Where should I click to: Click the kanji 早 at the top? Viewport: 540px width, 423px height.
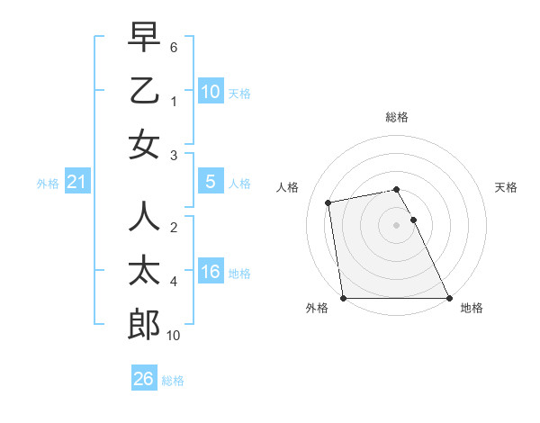[x=144, y=38]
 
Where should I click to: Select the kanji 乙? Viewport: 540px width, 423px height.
[x=144, y=92]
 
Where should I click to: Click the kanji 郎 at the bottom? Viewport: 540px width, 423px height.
[x=144, y=325]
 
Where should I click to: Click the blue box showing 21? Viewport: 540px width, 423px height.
[x=76, y=183]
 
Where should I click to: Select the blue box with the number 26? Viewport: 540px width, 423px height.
[x=144, y=380]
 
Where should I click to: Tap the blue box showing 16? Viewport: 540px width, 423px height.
[x=211, y=272]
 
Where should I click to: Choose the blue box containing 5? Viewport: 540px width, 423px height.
[x=210, y=182]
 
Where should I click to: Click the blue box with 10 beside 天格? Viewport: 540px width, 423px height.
[x=211, y=92]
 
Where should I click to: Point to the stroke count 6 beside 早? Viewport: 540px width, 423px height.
[x=174, y=46]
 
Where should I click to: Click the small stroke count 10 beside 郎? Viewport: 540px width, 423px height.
[x=174, y=336]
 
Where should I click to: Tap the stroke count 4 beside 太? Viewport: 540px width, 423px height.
[x=173, y=282]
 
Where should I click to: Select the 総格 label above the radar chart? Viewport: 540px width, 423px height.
[x=397, y=117]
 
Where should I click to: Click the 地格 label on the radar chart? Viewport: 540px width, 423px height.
[x=472, y=308]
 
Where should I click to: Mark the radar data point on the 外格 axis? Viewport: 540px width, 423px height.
[x=343, y=298]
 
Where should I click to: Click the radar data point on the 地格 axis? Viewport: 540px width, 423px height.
[x=449, y=298]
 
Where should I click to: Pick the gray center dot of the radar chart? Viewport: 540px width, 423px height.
[x=397, y=225]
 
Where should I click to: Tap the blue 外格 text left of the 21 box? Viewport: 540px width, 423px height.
[x=47, y=184]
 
